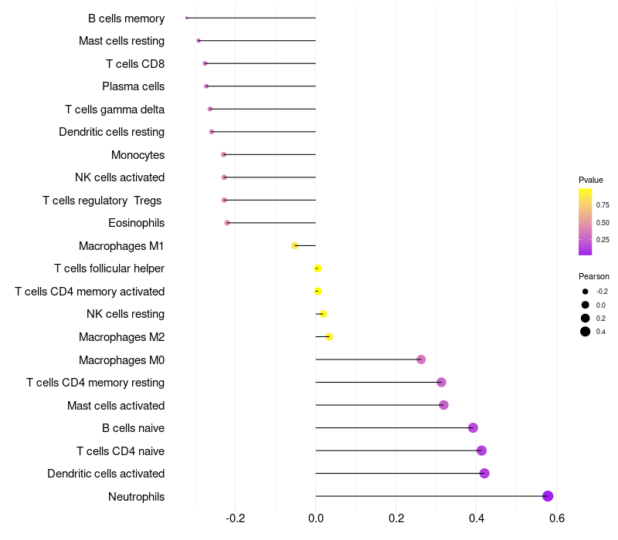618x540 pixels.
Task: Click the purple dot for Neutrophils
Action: [x=548, y=496]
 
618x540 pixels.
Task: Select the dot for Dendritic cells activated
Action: [x=484, y=474]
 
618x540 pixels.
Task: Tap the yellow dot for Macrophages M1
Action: [x=294, y=245]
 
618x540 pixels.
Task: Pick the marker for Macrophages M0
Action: [x=421, y=359]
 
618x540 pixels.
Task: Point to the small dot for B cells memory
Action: [x=187, y=18]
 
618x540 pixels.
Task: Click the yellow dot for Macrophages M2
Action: [x=329, y=336]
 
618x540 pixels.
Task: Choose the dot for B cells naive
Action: [x=473, y=428]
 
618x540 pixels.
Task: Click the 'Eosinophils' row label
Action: [x=136, y=223]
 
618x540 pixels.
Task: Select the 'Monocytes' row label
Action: [x=138, y=155]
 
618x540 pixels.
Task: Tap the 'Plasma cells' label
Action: [x=133, y=86]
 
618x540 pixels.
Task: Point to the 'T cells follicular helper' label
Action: [x=109, y=268]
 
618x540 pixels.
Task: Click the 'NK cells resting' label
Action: [x=125, y=314]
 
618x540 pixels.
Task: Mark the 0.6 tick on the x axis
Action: [x=557, y=518]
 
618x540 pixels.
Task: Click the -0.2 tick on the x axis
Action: [x=235, y=518]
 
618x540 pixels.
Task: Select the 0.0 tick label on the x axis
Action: [x=316, y=518]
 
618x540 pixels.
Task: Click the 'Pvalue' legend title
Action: [x=591, y=180]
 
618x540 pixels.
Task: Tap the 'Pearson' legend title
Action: [x=593, y=276]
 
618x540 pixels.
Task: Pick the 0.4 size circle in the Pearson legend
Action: [x=586, y=332]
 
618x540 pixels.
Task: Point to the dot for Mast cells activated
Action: [x=443, y=405]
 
